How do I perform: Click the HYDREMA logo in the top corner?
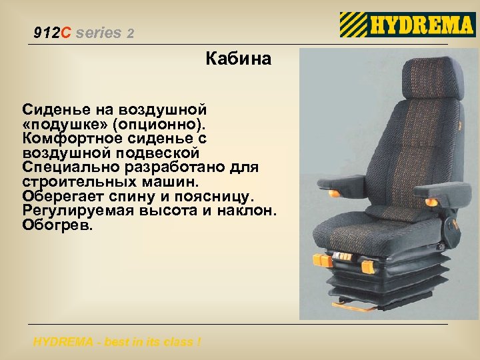407,25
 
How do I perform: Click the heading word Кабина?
238,59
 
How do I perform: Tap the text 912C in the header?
53,33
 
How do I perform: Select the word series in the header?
99,33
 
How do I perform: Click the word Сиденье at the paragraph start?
53,109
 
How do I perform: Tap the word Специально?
64,167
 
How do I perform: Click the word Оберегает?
59,196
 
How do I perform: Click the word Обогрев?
59,225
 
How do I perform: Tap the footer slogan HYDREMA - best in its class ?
117,343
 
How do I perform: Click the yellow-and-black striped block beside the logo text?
353,25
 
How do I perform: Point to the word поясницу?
219,196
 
